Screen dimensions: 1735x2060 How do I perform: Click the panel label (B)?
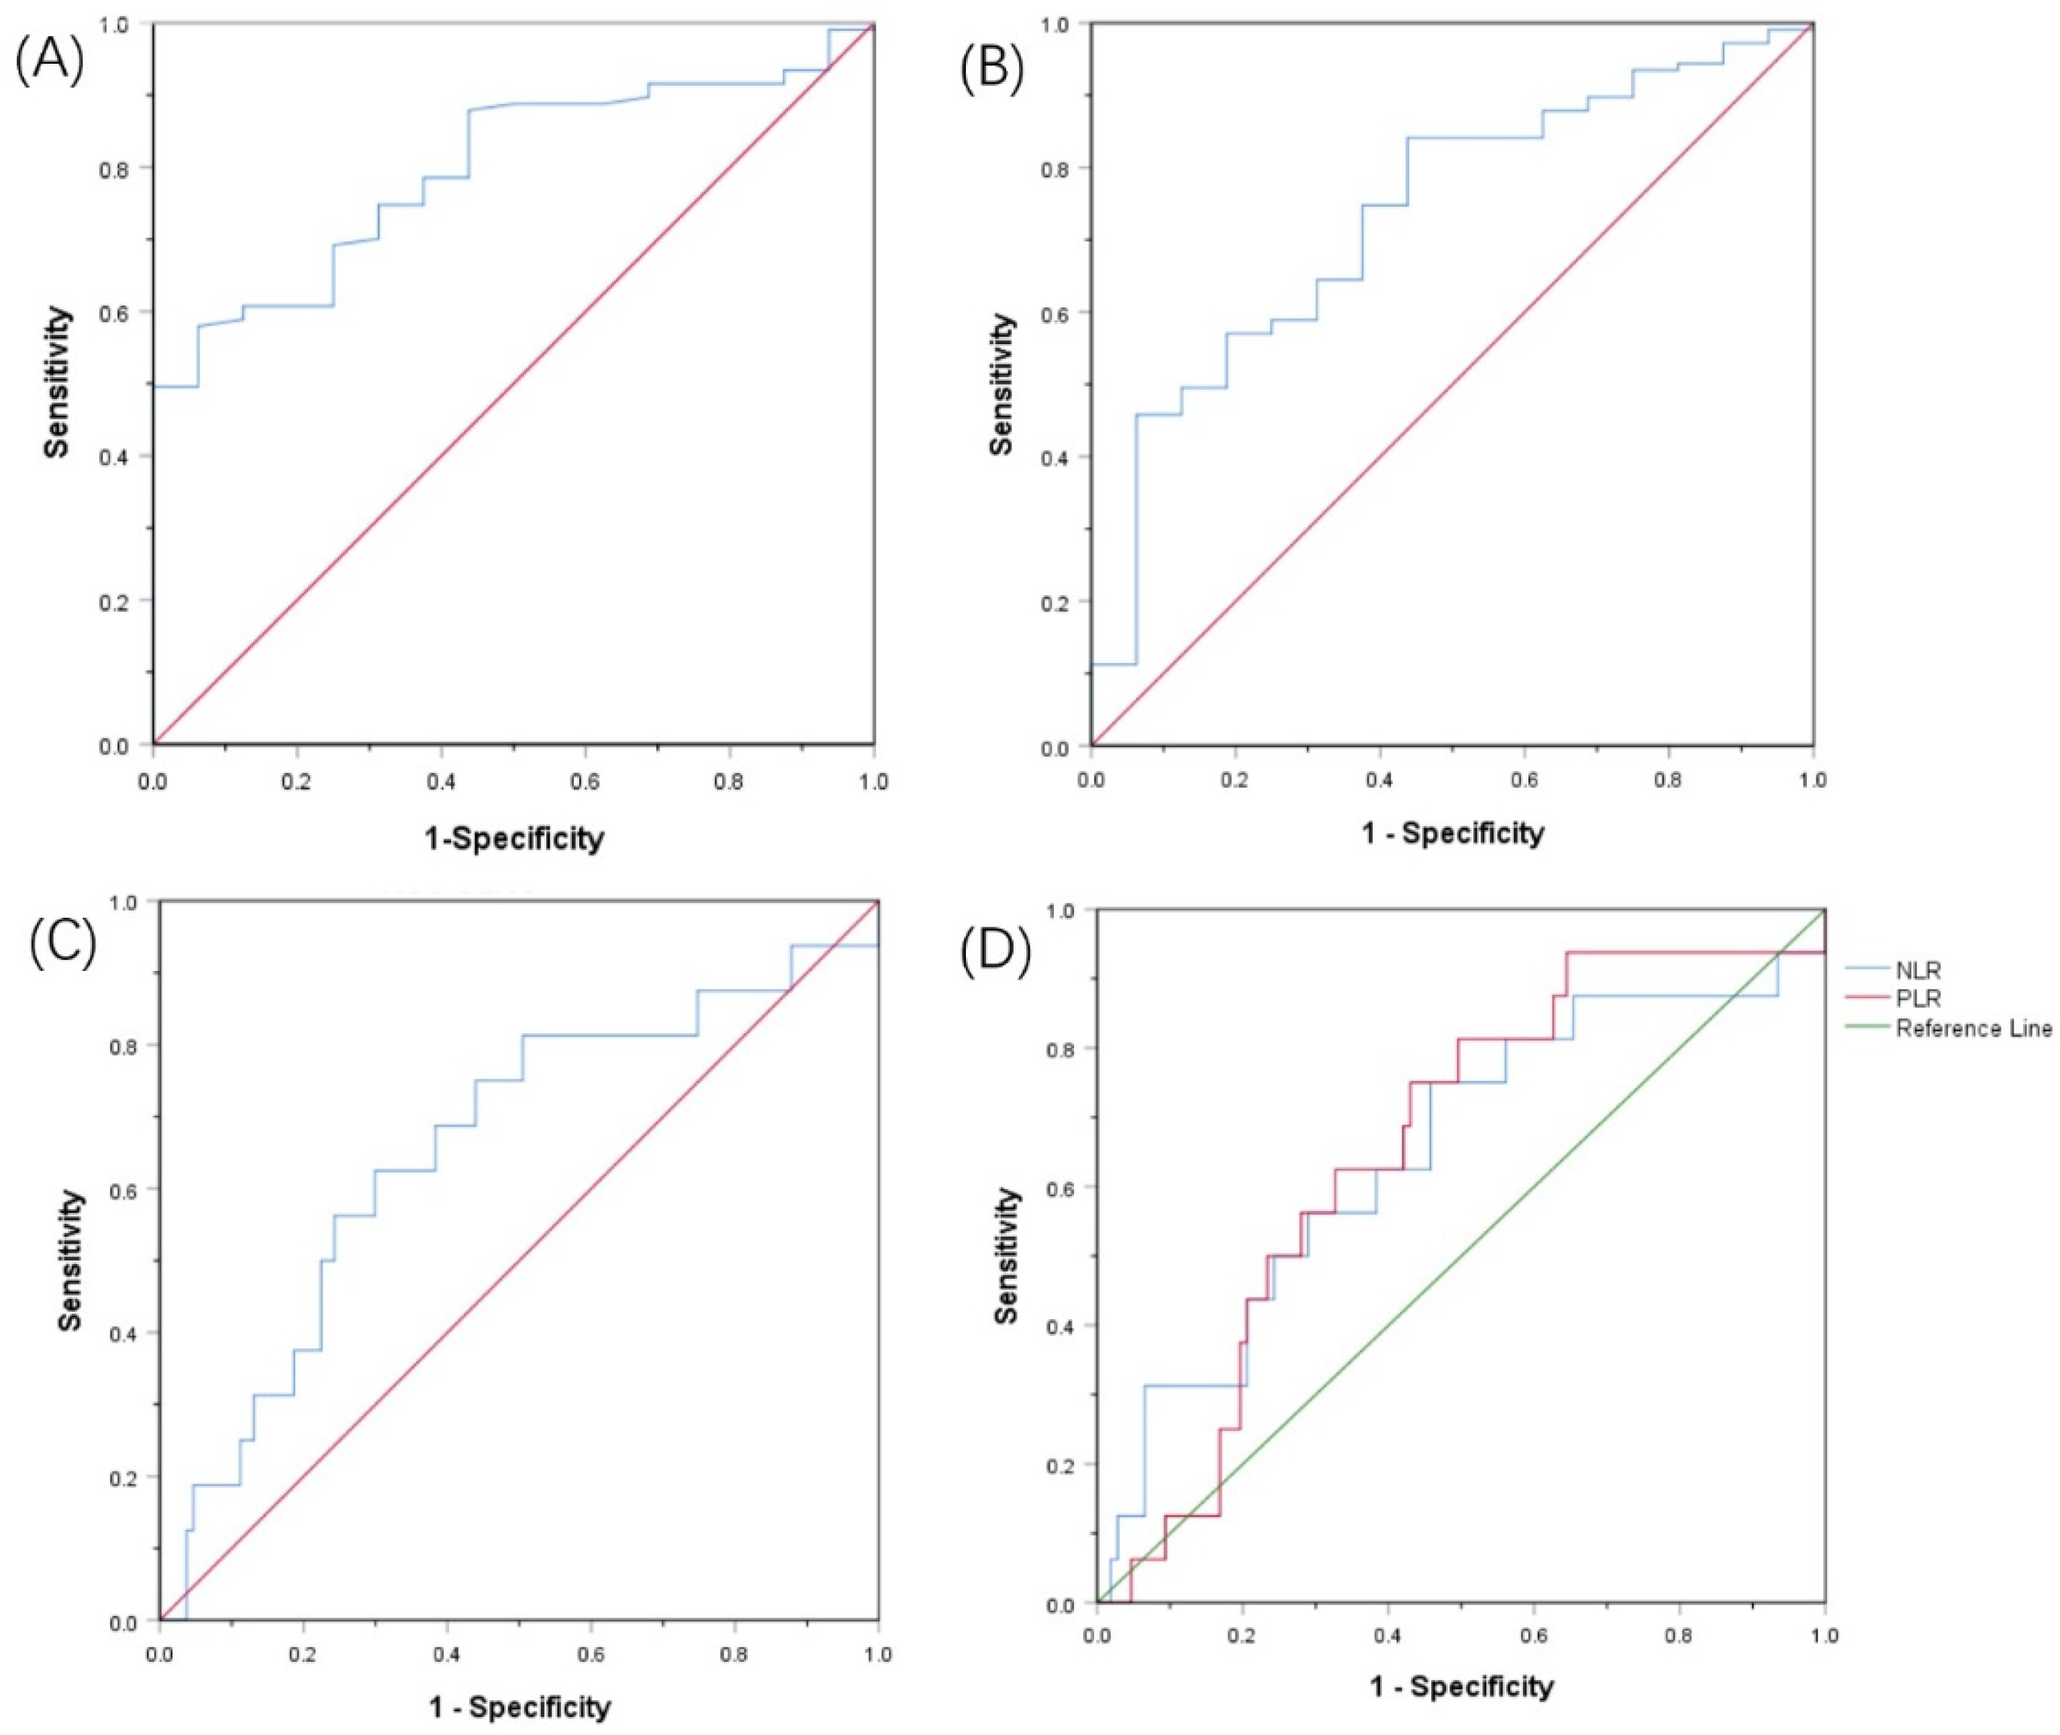(x=991, y=71)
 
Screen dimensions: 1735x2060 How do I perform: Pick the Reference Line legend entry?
(x=1973, y=1029)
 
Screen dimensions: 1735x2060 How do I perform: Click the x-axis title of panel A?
(x=513, y=838)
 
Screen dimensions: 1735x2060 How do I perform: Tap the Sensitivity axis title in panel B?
(x=1001, y=384)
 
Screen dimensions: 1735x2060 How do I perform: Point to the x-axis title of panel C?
(x=520, y=1706)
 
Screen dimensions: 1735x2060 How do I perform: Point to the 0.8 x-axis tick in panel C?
(x=734, y=1654)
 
